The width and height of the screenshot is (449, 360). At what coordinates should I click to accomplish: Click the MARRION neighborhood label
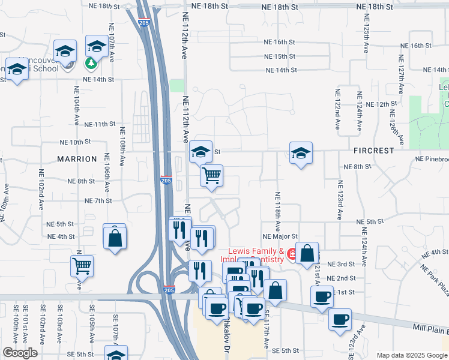coord(77,159)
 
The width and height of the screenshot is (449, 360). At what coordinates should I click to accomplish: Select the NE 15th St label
coord(280,56)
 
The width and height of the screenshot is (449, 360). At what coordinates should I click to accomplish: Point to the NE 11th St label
coord(100,124)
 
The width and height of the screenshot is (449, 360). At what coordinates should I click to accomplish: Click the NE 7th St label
coord(100,200)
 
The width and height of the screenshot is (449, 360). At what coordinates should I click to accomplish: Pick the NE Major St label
coord(280,237)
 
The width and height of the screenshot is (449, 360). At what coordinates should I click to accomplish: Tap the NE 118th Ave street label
coord(278,212)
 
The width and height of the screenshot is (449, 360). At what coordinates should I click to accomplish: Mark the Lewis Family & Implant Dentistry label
coord(255,256)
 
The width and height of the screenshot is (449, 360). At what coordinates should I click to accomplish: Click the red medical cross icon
coord(292,254)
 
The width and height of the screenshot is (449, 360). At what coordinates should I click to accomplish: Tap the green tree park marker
coord(91,62)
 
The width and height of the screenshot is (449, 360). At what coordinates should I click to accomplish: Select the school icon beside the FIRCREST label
coord(301,152)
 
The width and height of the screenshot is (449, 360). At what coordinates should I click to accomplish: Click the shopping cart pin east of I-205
coord(211,176)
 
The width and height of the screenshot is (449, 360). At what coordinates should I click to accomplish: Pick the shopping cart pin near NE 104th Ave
coord(82,265)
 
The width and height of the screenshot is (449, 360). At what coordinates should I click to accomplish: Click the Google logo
coord(20,353)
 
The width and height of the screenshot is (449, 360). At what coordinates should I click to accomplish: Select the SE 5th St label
coord(285,350)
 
